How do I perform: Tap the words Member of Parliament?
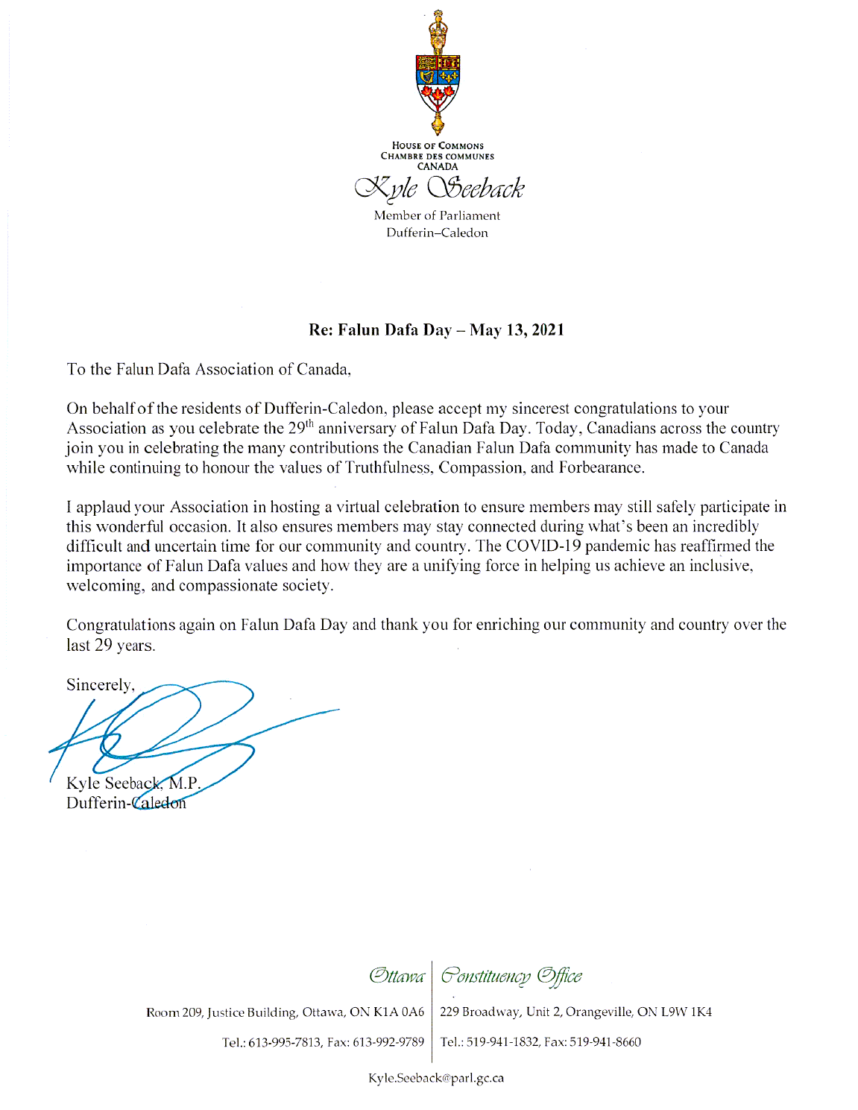(437, 215)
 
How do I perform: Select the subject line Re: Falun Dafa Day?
(437, 329)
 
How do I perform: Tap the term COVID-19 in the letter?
(543, 546)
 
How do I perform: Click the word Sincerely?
(100, 685)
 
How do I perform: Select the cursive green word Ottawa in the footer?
(397, 976)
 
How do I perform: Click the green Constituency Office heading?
(511, 976)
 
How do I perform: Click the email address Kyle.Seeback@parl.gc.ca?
(436, 1078)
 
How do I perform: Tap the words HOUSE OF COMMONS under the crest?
(438, 145)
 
